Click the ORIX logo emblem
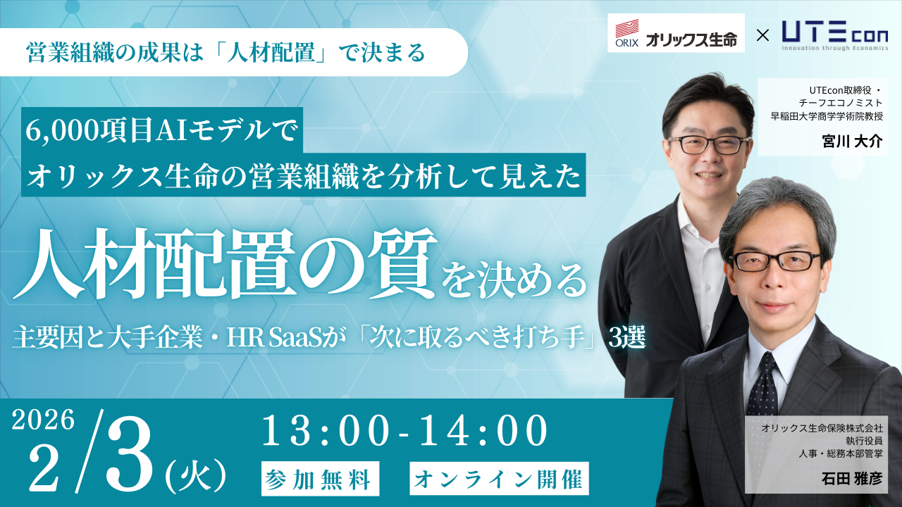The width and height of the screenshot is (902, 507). [x=627, y=33]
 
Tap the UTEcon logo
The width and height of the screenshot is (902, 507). [x=835, y=35]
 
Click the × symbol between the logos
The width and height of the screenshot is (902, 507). [x=762, y=35]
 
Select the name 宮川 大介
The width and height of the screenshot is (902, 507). [x=852, y=142]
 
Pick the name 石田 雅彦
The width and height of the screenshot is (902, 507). [x=852, y=478]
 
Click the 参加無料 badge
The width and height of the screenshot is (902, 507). [x=320, y=478]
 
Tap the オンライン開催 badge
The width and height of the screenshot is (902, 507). [x=500, y=478]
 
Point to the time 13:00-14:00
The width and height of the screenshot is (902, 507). [x=405, y=432]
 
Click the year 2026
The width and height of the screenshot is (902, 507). [x=43, y=420]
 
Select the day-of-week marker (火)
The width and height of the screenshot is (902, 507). [x=196, y=477]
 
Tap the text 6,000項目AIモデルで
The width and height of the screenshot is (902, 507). [x=161, y=131]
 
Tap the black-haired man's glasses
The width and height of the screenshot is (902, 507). [x=709, y=144]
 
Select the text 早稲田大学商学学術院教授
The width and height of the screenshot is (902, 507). [x=827, y=116]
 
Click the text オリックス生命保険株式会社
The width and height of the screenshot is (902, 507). [x=822, y=428]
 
